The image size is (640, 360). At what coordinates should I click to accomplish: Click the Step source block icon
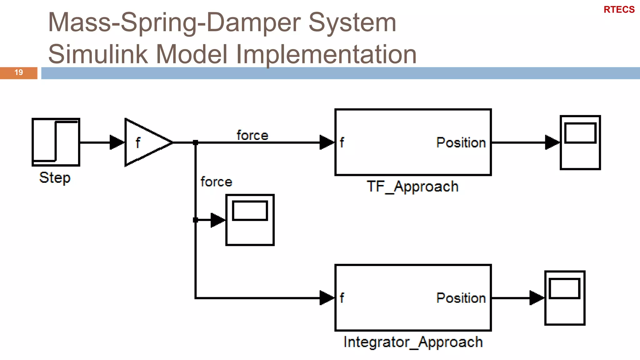56,142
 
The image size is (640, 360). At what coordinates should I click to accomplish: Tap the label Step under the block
55,178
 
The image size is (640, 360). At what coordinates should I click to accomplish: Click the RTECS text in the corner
619,10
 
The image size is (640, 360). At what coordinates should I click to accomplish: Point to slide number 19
18,72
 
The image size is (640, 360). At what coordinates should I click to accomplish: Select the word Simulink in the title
98,54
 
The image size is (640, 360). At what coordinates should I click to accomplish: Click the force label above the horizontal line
252,135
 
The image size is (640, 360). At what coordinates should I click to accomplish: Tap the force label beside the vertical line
216,182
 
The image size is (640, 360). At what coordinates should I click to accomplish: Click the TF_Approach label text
412,187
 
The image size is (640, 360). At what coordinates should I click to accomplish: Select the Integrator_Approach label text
413,342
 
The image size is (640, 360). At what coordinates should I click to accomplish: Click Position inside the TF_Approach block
461,142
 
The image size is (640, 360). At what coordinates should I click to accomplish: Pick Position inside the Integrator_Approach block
461,298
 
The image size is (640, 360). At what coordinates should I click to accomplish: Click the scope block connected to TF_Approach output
580,142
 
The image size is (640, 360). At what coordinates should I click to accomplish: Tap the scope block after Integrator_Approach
565,298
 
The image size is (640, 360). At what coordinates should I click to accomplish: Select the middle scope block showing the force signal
250,220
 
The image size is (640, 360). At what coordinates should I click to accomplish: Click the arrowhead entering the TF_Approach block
327,142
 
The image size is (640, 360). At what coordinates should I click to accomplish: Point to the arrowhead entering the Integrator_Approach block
327,298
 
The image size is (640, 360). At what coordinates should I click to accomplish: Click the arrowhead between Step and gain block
117,142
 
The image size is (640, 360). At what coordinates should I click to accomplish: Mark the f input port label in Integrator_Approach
342,298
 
